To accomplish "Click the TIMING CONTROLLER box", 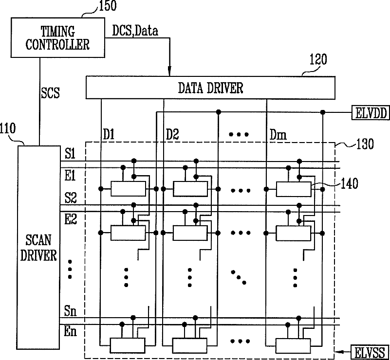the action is (x=58, y=37).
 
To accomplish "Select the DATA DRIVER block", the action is (x=210, y=88).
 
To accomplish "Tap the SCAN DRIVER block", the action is (x=38, y=248).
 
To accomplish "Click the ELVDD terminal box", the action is (x=371, y=112).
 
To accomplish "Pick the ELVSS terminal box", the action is (x=370, y=352).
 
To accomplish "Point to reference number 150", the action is (x=108, y=6).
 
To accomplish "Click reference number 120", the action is (x=318, y=60).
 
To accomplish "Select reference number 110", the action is (x=8, y=128).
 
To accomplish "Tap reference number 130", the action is (x=365, y=144).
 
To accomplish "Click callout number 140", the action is (x=349, y=184).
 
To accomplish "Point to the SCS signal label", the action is (x=50, y=93).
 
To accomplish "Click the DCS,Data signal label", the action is (x=135, y=31).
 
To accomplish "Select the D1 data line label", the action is (x=109, y=134).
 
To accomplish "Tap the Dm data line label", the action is (x=278, y=135).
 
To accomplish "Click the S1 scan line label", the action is (x=70, y=153).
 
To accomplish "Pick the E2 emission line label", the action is (x=71, y=219).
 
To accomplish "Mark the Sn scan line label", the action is (x=70, y=310).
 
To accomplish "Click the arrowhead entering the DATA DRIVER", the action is (x=169, y=72).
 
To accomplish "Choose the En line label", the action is (x=70, y=331).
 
